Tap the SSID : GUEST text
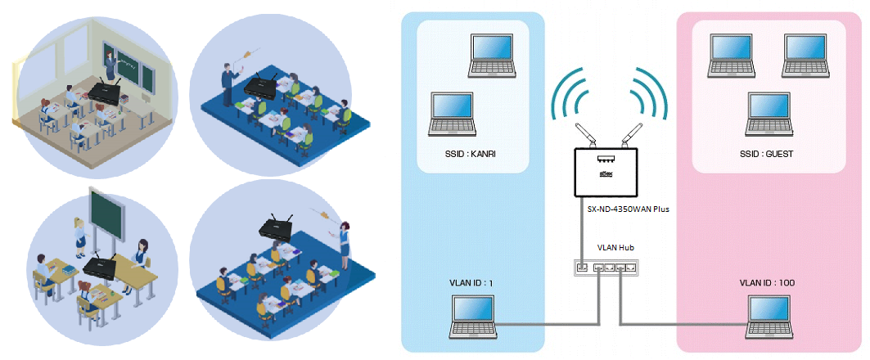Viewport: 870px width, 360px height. tap(768, 153)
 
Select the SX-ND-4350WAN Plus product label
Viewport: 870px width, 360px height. tap(628, 209)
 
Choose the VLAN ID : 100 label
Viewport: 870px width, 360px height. tap(767, 282)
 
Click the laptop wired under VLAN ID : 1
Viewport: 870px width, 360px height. tap(474, 316)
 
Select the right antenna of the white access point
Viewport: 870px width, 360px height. tap(631, 133)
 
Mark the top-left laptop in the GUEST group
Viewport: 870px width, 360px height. tap(731, 56)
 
